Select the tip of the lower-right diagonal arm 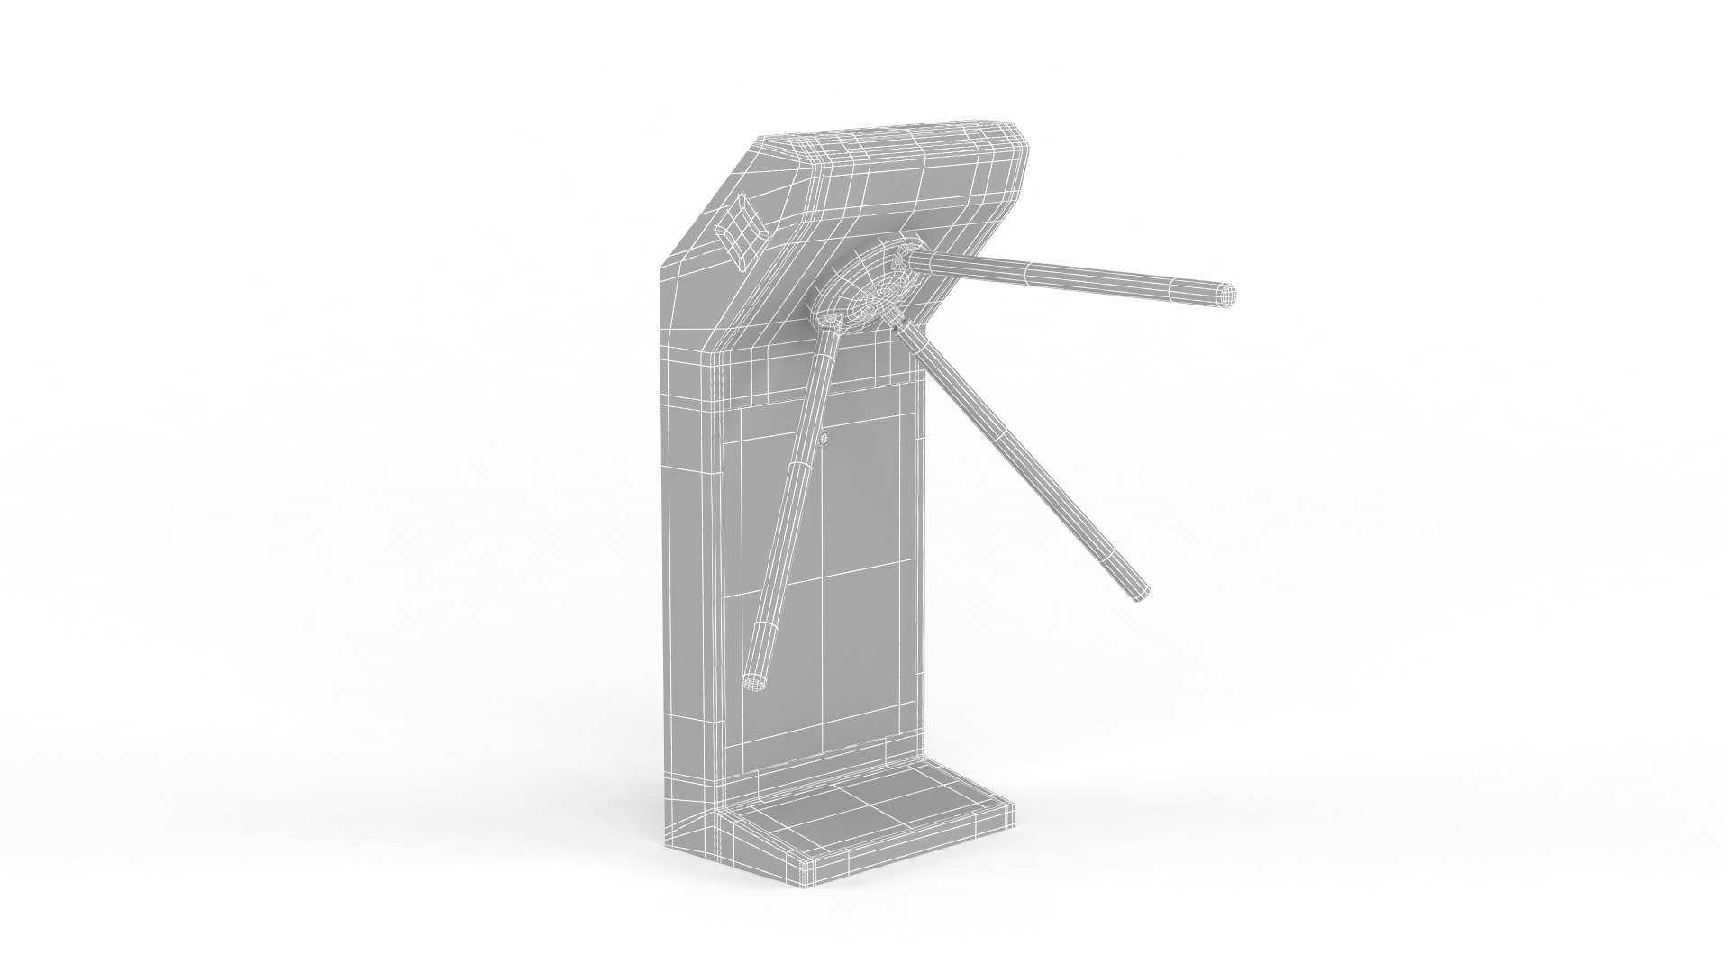[x=1139, y=592]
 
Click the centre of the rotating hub [x=872, y=290]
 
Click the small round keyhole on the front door [x=824, y=439]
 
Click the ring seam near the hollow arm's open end [x=765, y=623]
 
